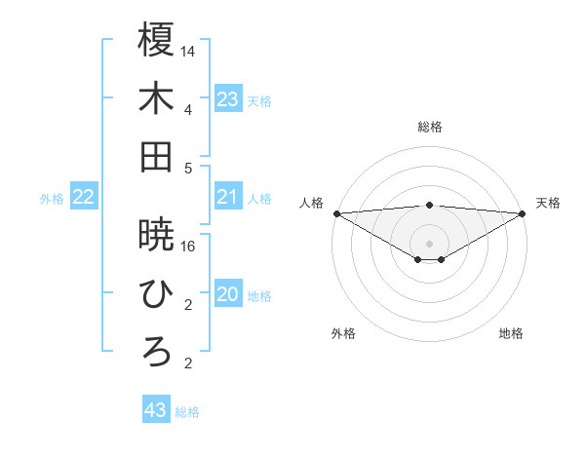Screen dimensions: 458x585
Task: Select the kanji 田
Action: (156, 157)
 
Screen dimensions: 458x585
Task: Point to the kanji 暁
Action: (156, 234)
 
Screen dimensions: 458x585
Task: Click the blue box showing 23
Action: (227, 99)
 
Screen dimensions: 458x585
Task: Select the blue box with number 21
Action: (227, 198)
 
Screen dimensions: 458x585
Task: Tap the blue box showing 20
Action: (227, 295)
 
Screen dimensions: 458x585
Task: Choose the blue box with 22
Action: (84, 198)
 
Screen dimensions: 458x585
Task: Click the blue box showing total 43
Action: (155, 410)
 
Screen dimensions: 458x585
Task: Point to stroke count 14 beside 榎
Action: (188, 50)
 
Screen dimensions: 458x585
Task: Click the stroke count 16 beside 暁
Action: (188, 246)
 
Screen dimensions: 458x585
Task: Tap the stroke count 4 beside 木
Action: (188, 109)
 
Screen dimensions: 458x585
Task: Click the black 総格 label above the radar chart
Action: (429, 127)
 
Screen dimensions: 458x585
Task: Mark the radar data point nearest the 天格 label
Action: (523, 213)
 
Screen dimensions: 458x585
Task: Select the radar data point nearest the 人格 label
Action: (335, 213)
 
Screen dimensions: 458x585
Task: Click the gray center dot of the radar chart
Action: (429, 241)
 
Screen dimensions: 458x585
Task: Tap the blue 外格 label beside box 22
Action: (52, 199)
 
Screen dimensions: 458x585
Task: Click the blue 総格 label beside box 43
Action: (187, 412)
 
